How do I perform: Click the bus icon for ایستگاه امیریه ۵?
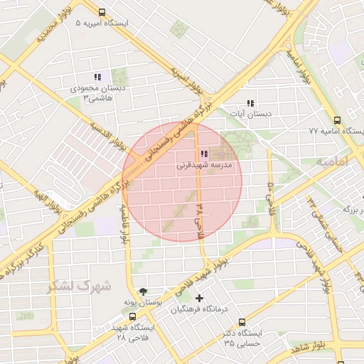pyautogui.click(x=102, y=13)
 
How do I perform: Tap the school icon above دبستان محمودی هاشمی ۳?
pyautogui.click(x=98, y=77)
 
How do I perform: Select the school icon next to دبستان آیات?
pyautogui.click(x=250, y=103)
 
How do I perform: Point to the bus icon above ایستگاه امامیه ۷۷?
pyautogui.click(x=337, y=120)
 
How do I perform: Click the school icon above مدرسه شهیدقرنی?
pyautogui.click(x=204, y=154)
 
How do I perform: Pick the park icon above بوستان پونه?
pyautogui.click(x=144, y=291)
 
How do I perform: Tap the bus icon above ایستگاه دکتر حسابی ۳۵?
pyautogui.click(x=242, y=322)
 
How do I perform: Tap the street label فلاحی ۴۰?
pyautogui.click(x=271, y=194)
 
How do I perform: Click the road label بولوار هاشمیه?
pyautogui.click(x=124, y=224)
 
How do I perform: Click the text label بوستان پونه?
pyautogui.click(x=144, y=302)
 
